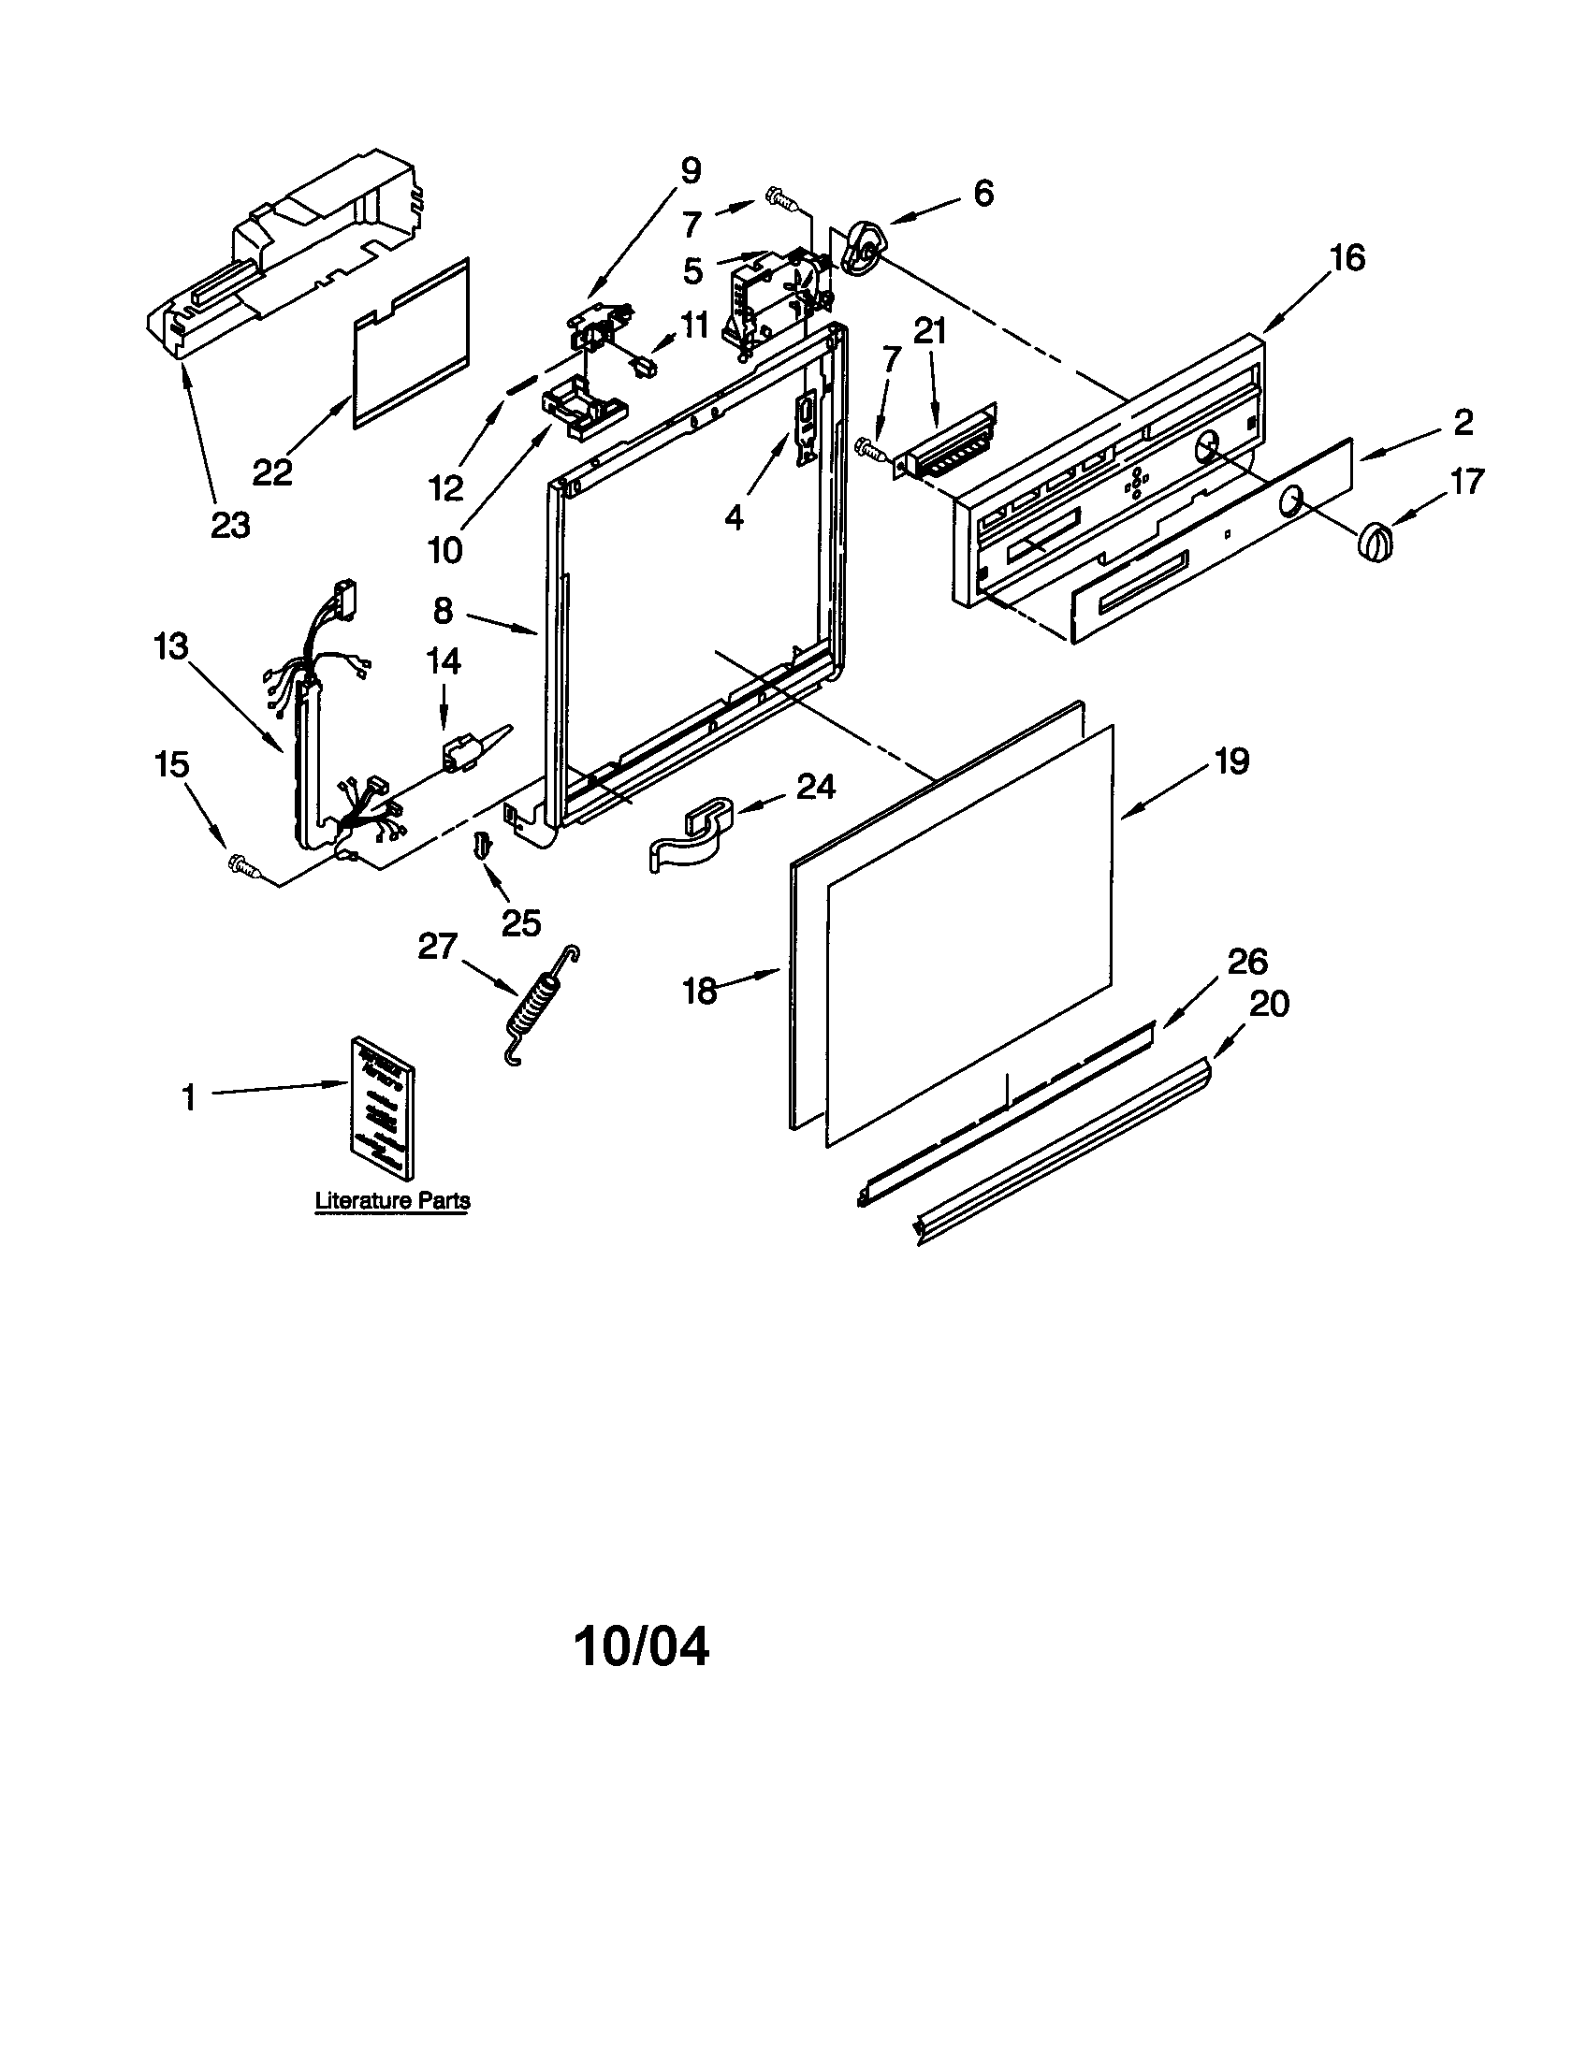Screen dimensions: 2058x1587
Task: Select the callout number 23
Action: click(230, 525)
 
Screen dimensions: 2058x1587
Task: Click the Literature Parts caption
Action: click(392, 1200)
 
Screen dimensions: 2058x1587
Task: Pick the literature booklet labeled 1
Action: click(383, 1107)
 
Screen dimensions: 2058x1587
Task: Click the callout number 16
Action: click(1347, 257)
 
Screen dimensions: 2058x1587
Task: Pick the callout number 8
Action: click(444, 611)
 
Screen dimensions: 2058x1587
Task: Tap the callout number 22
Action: click(272, 471)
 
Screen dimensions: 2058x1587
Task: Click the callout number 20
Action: click(1269, 1004)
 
